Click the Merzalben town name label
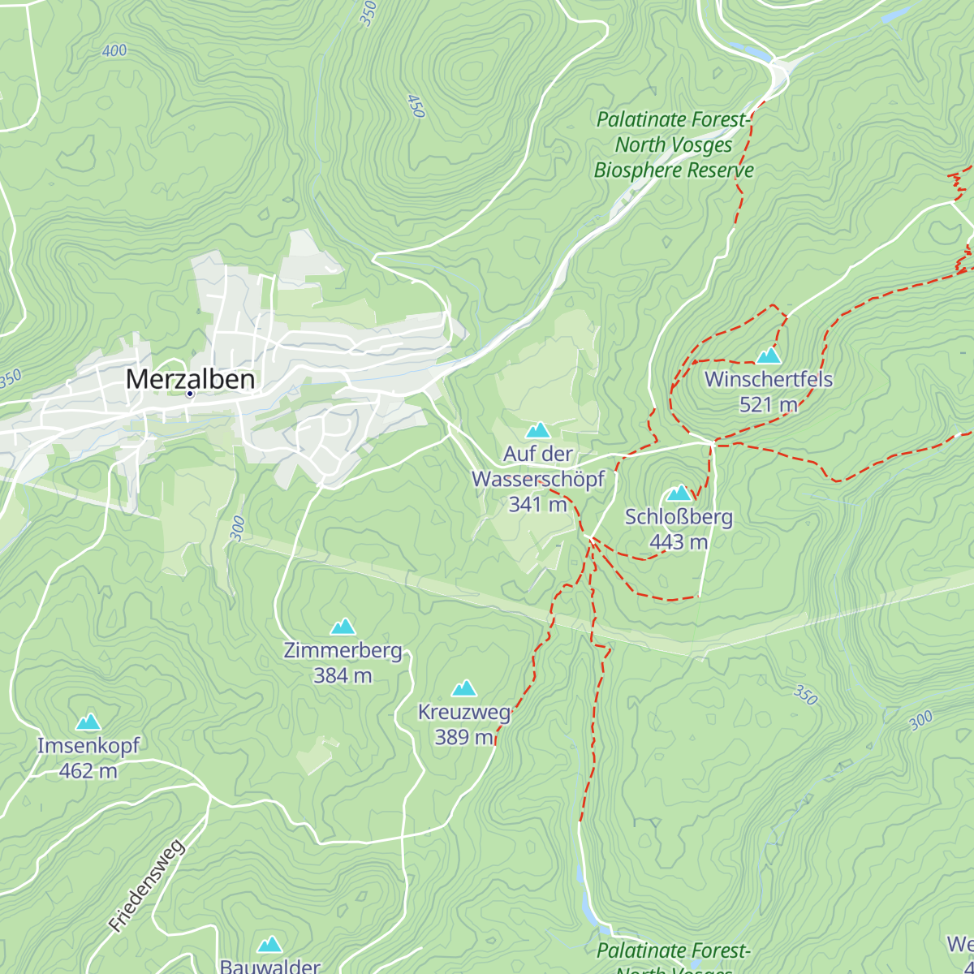tap(190, 379)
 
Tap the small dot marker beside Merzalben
tap(190, 394)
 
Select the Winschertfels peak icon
tap(768, 356)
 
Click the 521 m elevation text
tap(768, 404)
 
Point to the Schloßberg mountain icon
tap(679, 493)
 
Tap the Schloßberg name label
tap(679, 517)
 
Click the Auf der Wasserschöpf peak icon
tap(538, 430)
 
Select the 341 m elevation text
tap(538, 504)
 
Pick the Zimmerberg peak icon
tap(343, 627)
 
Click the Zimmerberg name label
tap(343, 650)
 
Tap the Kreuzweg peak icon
tap(463, 689)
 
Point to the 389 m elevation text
tap(463, 737)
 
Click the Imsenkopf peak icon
tap(88, 722)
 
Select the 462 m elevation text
tap(88, 770)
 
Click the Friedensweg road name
tap(147, 886)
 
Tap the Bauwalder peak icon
tap(269, 945)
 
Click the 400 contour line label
tap(114, 51)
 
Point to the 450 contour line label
tap(415, 106)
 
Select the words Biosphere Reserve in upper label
tap(674, 170)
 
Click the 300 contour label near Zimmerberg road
tap(237, 528)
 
